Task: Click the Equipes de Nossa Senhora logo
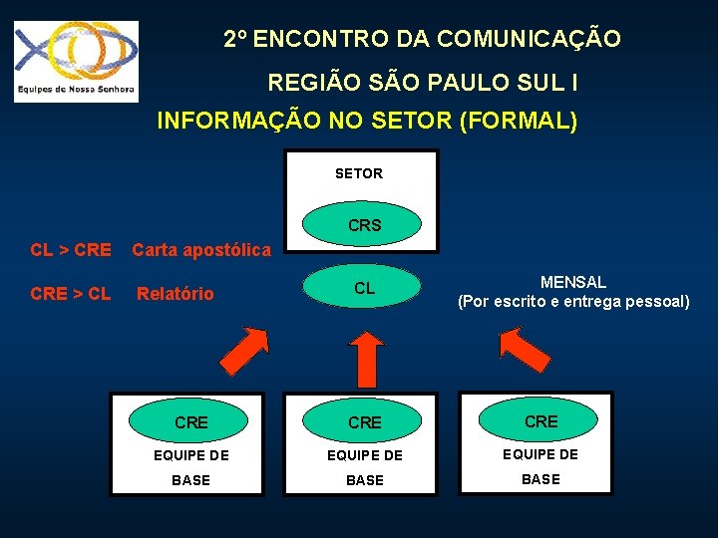pos(76,61)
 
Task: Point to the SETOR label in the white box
pos(359,173)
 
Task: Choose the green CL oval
pos(364,289)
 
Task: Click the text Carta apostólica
pos(201,249)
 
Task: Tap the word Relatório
pos(176,294)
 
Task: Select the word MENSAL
pos(572,283)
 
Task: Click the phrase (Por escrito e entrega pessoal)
pos(572,301)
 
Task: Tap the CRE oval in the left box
pos(190,422)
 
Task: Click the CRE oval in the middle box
pos(364,422)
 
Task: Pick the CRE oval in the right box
pos(540,421)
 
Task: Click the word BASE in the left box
pos(190,480)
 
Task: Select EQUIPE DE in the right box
pos(540,454)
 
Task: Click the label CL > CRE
pos(71,249)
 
